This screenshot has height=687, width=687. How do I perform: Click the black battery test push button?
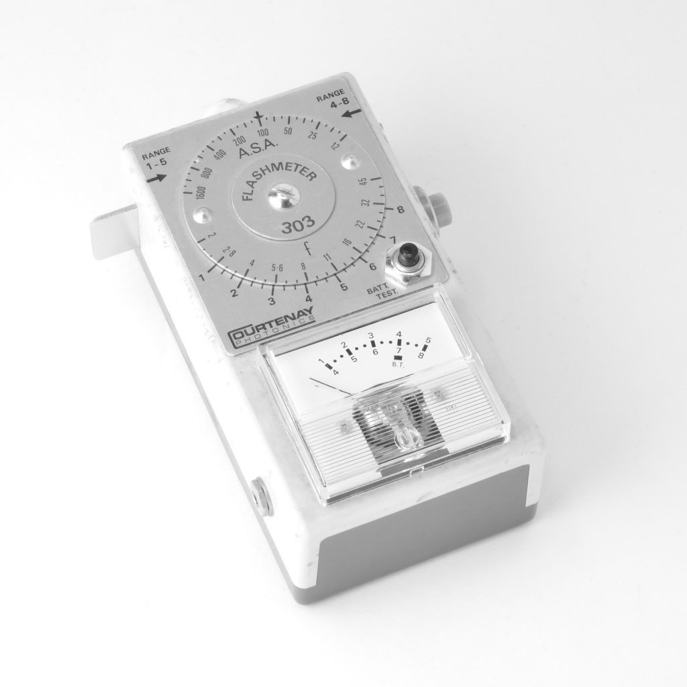coord(407,258)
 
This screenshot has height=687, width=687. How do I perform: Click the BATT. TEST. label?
coord(382,290)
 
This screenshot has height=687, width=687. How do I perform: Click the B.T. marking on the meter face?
coord(397,364)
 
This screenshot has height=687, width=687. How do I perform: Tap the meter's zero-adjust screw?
coord(403,439)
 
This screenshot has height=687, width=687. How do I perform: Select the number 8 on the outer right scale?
coord(400,210)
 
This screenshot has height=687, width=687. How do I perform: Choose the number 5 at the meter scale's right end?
coord(427,339)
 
